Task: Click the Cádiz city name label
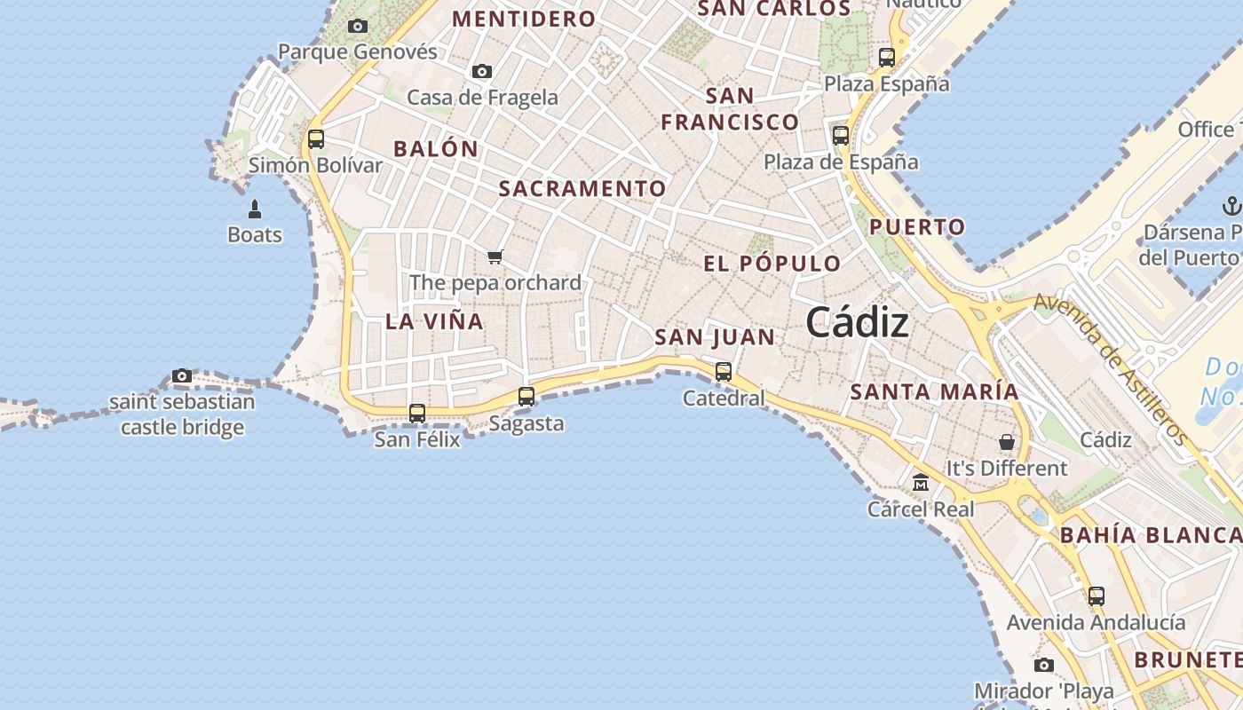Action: tap(857, 323)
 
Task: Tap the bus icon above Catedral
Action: tap(724, 372)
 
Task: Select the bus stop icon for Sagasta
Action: tap(526, 397)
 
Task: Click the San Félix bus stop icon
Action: tap(417, 414)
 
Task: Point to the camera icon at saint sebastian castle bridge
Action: tap(182, 376)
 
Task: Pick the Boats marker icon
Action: tap(255, 209)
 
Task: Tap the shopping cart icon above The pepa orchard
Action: tap(495, 257)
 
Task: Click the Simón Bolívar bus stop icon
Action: tap(315, 139)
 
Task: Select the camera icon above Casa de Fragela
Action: tap(482, 72)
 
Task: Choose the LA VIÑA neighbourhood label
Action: tap(435, 321)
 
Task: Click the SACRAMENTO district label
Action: tap(582, 188)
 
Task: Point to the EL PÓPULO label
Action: tap(772, 264)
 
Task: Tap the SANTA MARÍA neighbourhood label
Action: tap(935, 391)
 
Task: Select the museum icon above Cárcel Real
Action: tap(921, 484)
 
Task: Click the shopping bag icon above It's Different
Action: tap(1007, 442)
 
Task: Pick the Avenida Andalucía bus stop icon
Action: tap(1097, 596)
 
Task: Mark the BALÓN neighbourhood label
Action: tap(436, 149)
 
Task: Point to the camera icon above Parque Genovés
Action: tap(358, 27)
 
